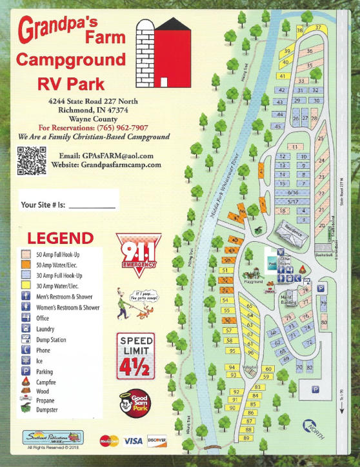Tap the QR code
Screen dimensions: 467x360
pyautogui.click(x=31, y=161)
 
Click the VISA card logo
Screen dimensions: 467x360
pyautogui.click(x=134, y=441)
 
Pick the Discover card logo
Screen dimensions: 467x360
pyautogui.click(x=157, y=441)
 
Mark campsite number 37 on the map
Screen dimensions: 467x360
pyautogui.click(x=318, y=28)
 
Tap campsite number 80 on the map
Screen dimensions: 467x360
pyautogui.click(x=324, y=322)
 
